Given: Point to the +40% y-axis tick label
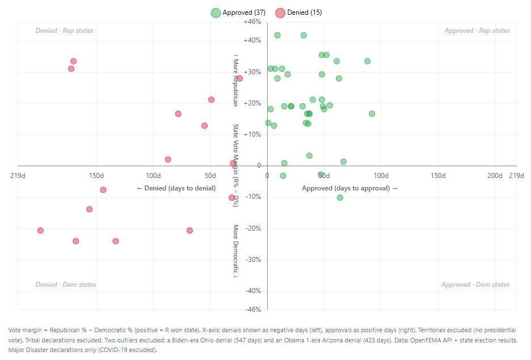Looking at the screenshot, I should (252, 40).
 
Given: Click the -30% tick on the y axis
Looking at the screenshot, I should (253, 260).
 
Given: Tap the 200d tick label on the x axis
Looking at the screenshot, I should (495, 176).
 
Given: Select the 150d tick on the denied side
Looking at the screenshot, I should (96, 176).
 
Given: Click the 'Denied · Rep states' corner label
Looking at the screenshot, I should (64, 31).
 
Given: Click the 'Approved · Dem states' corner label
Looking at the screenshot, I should (475, 285).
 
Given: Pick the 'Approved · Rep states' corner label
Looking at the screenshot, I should (477, 31).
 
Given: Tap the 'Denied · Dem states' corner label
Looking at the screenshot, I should (65, 285).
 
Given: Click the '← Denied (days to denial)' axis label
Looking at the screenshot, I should (176, 188).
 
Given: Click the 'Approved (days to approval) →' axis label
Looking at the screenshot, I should (350, 188).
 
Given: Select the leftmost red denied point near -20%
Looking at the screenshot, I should (40, 230).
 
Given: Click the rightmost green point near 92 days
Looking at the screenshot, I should (372, 114).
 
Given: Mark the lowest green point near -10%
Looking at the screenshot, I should (340, 197).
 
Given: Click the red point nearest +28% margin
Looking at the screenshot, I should (240, 78).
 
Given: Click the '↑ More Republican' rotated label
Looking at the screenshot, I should (235, 80).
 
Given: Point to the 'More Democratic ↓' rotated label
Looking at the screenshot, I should (235, 250).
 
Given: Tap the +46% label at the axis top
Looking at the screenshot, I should (252, 22).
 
